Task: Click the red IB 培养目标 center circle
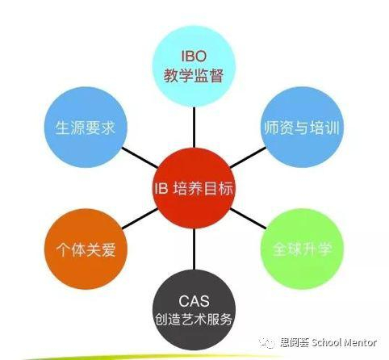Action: pyautogui.click(x=194, y=188)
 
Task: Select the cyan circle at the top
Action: pyautogui.click(x=194, y=66)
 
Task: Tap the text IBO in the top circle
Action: pyautogui.click(x=194, y=57)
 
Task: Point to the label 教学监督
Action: pyautogui.click(x=194, y=75)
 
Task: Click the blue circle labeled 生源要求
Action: pyautogui.click(x=86, y=128)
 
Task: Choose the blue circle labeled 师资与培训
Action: pyautogui.click(x=302, y=128)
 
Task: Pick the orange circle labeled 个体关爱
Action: pyautogui.click(x=86, y=249)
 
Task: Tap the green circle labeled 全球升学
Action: pyautogui.click(x=302, y=249)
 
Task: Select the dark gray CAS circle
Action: pyautogui.click(x=194, y=310)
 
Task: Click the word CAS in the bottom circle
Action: pyautogui.click(x=194, y=301)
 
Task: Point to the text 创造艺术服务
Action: pyautogui.click(x=194, y=319)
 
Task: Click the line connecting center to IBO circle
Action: pyautogui.click(x=194, y=128)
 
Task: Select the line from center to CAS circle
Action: pyautogui.click(x=194, y=249)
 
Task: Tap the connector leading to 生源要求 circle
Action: pyautogui.click(x=140, y=157)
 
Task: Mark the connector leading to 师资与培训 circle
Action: pyautogui.click(x=248, y=157)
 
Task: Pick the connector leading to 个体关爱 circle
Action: pyautogui.click(x=140, y=219)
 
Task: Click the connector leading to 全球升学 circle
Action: pyautogui.click(x=248, y=219)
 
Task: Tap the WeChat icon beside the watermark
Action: pyautogui.click(x=267, y=342)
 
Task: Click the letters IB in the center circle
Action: pyautogui.click(x=161, y=188)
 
